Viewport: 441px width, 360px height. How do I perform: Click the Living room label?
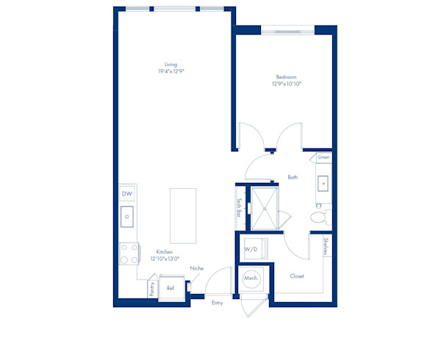[171, 65]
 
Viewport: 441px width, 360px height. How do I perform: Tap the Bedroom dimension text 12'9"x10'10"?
[287, 84]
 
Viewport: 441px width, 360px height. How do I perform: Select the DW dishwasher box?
[127, 194]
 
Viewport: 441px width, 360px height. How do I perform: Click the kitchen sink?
[127, 217]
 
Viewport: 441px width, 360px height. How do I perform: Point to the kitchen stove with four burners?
[129, 253]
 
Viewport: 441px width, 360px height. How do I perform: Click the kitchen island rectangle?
[183, 216]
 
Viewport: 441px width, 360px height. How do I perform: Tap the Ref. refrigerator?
[171, 288]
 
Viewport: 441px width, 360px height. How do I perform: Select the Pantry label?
[152, 289]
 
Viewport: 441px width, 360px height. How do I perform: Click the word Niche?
[196, 268]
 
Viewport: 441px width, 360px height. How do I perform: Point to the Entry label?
[217, 303]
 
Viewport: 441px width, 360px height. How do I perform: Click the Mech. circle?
[251, 278]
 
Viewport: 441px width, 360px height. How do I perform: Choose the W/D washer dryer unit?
[255, 249]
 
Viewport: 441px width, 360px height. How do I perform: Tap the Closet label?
[297, 276]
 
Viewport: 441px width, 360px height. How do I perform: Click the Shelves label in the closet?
[326, 246]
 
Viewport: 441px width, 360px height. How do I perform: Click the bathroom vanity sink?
[323, 184]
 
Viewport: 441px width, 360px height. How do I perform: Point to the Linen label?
[323, 157]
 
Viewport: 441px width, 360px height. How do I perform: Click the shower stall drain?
[265, 209]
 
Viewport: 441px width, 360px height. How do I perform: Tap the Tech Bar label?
[239, 207]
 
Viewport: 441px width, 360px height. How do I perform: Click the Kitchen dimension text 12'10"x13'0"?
[165, 259]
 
